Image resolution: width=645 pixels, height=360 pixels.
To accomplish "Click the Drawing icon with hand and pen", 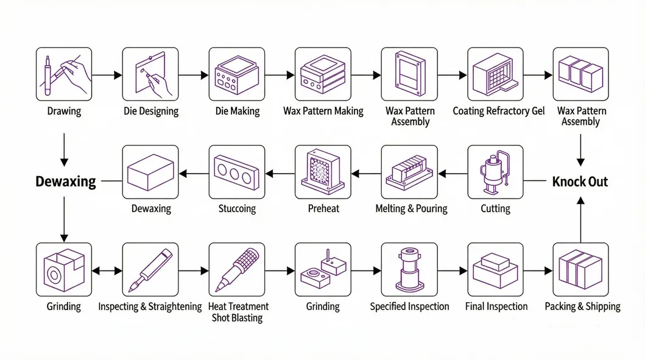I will (x=64, y=74).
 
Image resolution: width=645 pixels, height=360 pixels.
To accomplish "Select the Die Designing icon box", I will (x=150, y=74).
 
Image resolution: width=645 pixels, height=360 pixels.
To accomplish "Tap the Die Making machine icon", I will (x=237, y=74).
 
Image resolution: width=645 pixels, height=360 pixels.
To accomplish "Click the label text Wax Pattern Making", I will (x=323, y=111).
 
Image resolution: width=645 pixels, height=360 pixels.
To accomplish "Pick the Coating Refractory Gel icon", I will (x=495, y=74).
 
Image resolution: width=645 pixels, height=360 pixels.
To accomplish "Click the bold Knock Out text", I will (x=580, y=182).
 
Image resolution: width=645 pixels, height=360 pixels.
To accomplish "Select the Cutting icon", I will (x=495, y=172).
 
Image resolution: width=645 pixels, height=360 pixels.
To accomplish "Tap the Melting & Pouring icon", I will (x=409, y=172).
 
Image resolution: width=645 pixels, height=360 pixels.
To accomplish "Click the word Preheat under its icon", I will (x=323, y=209).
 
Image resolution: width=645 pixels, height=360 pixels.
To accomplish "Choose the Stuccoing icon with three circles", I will (x=237, y=172).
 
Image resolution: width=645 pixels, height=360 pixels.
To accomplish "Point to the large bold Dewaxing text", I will (x=66, y=182).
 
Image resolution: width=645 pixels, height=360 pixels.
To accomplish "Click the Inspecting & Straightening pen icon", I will (x=150, y=270).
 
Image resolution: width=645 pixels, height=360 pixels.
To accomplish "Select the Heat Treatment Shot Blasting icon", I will (x=237, y=270).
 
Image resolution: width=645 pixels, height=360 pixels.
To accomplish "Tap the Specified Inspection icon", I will (x=409, y=270).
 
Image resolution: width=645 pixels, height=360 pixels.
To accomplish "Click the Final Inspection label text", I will (x=496, y=306).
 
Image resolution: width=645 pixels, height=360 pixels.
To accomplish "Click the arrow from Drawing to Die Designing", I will (x=107, y=76).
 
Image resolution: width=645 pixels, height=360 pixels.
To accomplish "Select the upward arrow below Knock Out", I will (x=580, y=221).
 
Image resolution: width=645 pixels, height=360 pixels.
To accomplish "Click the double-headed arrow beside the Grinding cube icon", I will (x=107, y=270).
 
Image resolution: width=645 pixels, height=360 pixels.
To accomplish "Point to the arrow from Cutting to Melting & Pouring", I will (x=452, y=174).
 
